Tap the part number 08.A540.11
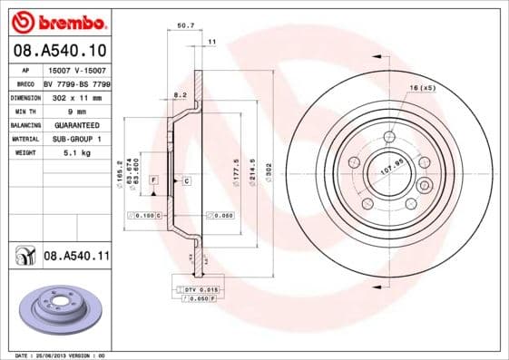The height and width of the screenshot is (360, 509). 76,257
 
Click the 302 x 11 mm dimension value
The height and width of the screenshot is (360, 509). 75,95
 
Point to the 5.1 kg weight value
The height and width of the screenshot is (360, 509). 75,153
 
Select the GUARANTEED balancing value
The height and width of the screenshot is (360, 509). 76,124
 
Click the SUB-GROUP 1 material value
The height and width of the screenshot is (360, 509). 76,139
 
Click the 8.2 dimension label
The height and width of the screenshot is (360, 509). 180,94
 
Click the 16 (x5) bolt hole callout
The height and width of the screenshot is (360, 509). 423,88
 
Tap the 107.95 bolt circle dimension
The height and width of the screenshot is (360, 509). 390,169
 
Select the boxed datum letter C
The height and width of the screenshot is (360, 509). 186,182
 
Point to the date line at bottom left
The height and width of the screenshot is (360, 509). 57,355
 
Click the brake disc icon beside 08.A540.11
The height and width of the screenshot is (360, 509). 21,258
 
